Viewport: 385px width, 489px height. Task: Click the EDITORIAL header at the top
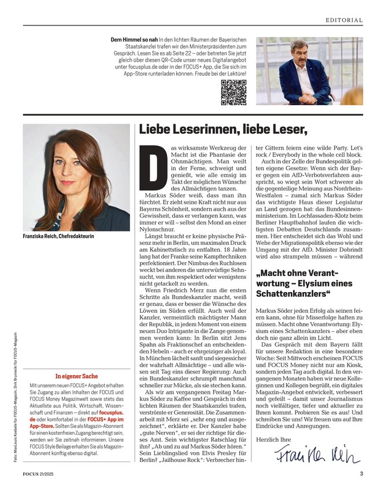(x=344, y=20)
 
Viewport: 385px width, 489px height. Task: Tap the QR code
(x=234, y=92)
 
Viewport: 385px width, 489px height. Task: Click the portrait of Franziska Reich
(x=76, y=177)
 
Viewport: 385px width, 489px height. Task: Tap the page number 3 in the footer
(x=361, y=475)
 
